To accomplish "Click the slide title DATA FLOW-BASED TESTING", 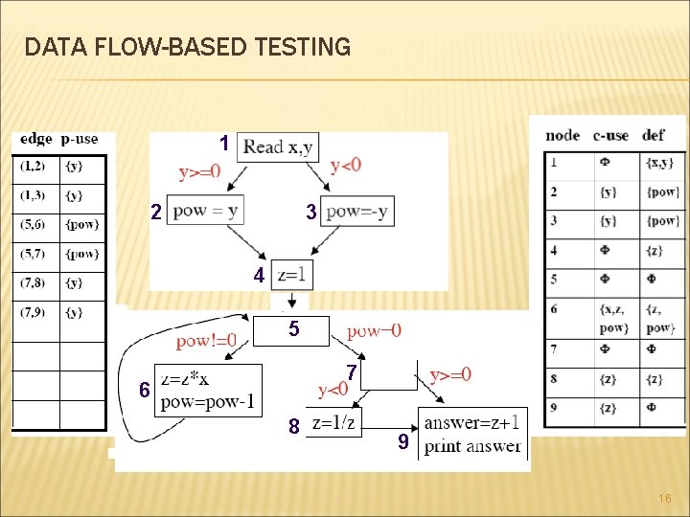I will [x=188, y=46].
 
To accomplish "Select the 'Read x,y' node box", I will [x=277, y=146].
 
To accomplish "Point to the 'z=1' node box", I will [x=292, y=275].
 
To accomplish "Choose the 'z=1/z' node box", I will [x=334, y=422].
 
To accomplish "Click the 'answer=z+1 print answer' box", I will [x=472, y=433].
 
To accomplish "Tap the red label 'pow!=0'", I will [x=206, y=341].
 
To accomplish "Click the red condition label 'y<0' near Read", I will [x=345, y=166].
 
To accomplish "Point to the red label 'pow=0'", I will [x=374, y=330].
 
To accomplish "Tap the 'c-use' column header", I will [x=610, y=135].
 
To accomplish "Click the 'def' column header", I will [x=655, y=135].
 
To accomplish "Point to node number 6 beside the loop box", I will [x=144, y=390].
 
